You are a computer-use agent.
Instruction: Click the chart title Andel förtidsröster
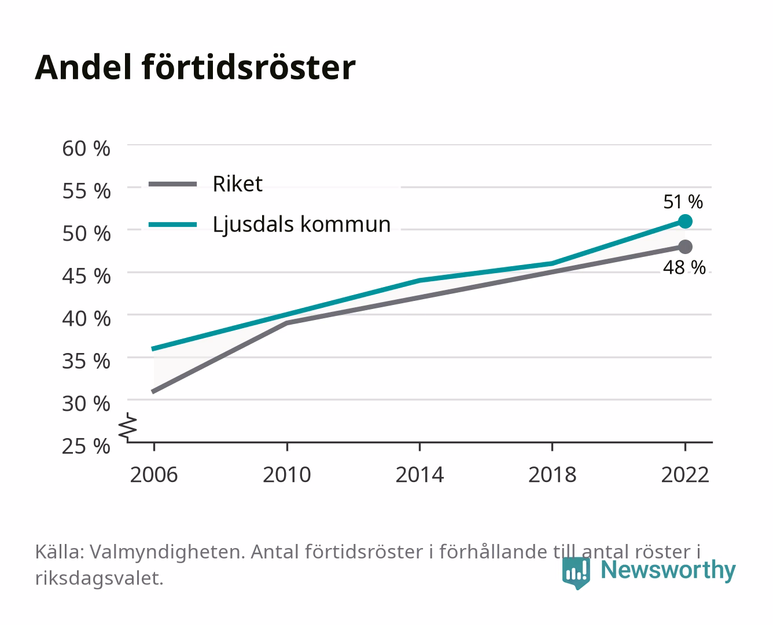click(195, 68)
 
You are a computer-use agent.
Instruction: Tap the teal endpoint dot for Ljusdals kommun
click(685, 221)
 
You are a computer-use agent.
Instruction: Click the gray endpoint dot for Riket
click(685, 247)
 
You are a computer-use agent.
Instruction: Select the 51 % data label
click(683, 202)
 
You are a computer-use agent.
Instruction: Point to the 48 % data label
click(684, 267)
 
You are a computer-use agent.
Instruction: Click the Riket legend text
click(237, 183)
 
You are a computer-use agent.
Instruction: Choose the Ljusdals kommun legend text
click(301, 225)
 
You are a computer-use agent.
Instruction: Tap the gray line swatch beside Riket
click(173, 184)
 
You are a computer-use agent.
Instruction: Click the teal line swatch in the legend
click(173, 225)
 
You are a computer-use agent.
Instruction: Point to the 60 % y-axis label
click(86, 149)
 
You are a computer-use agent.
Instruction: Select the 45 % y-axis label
click(86, 277)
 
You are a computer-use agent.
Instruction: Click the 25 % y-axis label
click(86, 446)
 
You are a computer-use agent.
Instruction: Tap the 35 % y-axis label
click(86, 362)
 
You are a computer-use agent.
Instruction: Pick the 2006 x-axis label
click(154, 475)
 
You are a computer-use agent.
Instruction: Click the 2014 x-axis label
click(419, 475)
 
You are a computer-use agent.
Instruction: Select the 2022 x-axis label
click(685, 475)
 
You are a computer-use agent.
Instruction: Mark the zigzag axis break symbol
click(128, 427)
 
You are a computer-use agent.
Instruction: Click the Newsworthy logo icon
click(576, 573)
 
